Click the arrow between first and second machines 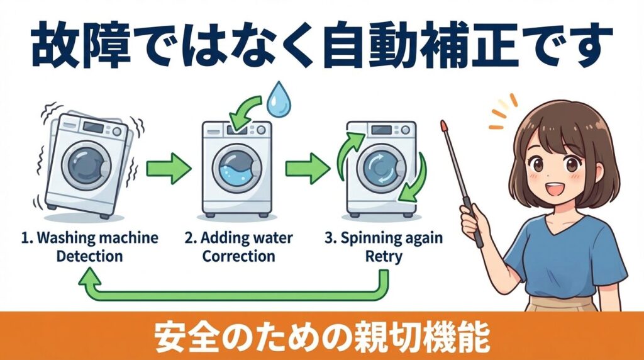click(x=168, y=168)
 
